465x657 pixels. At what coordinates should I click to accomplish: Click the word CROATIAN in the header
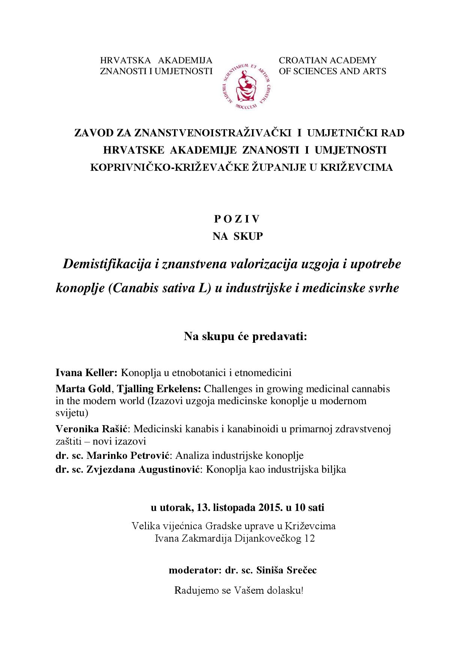[303, 60]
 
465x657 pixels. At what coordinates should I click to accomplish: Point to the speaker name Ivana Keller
[87, 373]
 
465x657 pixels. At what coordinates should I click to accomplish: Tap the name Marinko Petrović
[129, 455]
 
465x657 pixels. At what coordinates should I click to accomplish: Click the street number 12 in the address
[310, 539]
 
